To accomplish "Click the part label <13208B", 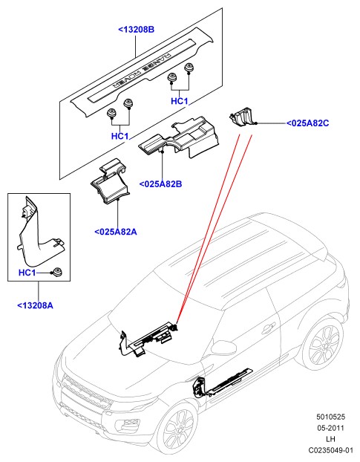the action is pos(136,30).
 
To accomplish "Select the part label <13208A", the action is pos(36,305).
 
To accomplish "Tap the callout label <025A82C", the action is pos(307,123).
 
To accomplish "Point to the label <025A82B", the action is pos(160,184).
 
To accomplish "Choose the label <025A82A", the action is pos(116,232).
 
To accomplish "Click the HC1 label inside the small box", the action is pos(27,273).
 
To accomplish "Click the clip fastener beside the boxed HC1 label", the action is pos(56,272).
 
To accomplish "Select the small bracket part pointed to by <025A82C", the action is pos(242,117).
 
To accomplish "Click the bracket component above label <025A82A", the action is pos(111,183).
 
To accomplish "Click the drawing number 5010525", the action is pos(330,417).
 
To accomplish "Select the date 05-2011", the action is pos(330,428).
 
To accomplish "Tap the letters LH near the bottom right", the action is pos(330,439).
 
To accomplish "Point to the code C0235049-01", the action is pos(330,450).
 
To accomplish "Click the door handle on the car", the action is pos(269,328).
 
